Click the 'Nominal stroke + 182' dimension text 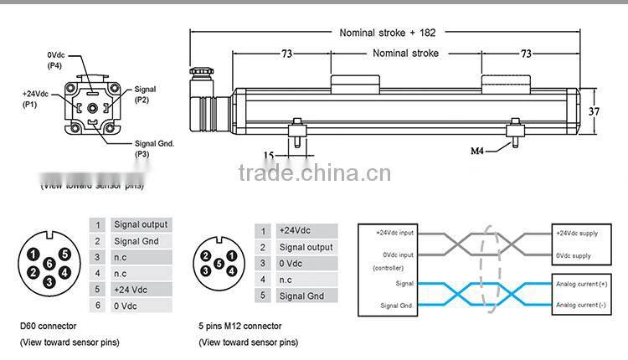387,33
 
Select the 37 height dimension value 594,111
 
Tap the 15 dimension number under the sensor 268,155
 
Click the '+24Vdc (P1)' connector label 34,99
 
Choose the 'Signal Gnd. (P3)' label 154,148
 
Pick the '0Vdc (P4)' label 56,59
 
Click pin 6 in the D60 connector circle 49,263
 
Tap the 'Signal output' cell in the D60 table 141,224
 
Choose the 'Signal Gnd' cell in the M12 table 301,296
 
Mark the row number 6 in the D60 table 98,306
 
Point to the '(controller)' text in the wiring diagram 388,268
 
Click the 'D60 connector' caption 49,326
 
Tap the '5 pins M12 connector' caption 239,326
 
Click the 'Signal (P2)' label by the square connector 145,94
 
